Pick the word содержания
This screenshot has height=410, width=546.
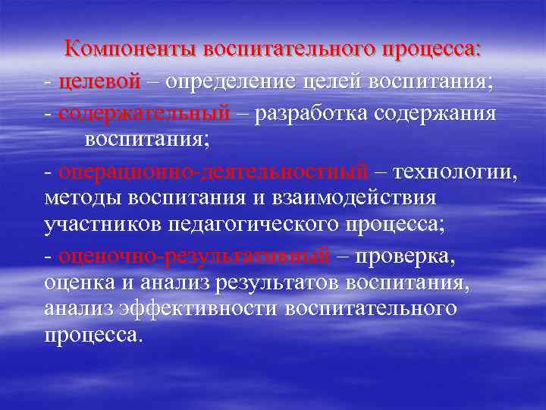438,114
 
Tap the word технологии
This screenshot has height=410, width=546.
457,172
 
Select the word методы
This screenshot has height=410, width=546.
83,199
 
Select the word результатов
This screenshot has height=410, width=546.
277,283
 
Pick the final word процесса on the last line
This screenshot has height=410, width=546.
93,335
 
